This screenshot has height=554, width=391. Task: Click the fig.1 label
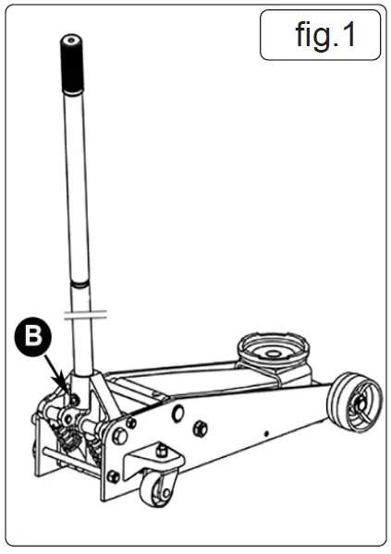tap(321, 35)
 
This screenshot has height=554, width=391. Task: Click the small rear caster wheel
tap(153, 490)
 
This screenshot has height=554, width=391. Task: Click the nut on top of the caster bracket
tap(163, 450)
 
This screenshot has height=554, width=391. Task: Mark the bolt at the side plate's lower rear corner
tap(113, 476)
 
